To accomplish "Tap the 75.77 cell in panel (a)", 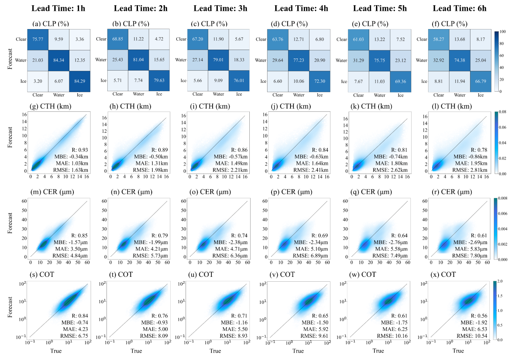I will pos(37,39).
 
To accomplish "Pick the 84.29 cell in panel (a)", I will pos(79,81).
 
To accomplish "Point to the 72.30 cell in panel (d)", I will pos(320,81).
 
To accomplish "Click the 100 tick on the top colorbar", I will pos(504,31).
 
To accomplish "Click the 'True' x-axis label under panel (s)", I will pos(56,351).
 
